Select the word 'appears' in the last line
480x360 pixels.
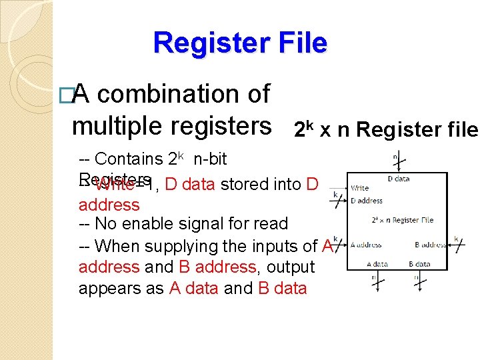point(103,288)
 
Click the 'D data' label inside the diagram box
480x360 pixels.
point(398,179)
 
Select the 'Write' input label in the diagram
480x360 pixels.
point(359,188)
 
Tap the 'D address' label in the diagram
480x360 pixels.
point(367,200)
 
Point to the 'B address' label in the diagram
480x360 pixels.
point(430,245)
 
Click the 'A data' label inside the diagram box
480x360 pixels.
point(377,264)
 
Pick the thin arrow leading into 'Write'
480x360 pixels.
point(337,188)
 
